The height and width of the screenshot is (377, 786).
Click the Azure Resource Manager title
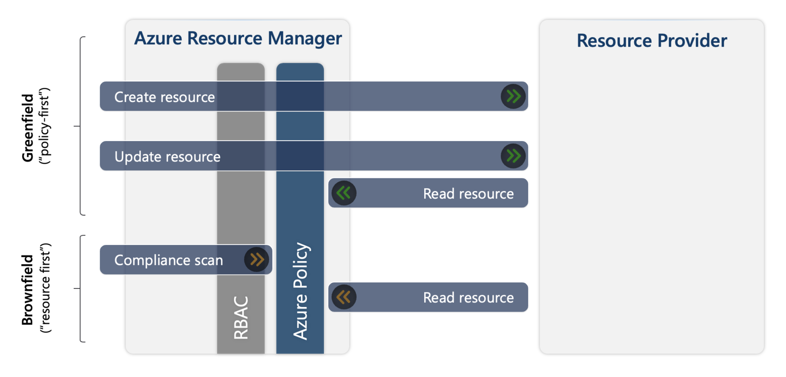[x=238, y=38]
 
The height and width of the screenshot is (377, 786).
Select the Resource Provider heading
[x=652, y=40]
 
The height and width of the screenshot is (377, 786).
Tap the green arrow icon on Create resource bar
[x=513, y=96]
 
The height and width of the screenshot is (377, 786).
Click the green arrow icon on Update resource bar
[x=513, y=156]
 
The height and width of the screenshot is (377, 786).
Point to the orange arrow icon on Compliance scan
[x=257, y=260]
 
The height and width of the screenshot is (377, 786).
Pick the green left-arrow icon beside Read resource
[x=344, y=193]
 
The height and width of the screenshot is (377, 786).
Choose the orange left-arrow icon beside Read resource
[x=344, y=297]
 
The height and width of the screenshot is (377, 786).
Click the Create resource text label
[x=165, y=97]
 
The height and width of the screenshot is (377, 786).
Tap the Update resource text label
[x=167, y=157]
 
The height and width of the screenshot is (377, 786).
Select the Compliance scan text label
[x=168, y=260]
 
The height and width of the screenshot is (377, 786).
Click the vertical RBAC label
[x=241, y=317]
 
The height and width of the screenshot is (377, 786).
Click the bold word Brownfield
[x=27, y=290]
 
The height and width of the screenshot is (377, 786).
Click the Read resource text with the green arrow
[x=468, y=193]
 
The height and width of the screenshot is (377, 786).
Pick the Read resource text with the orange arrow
[x=468, y=298]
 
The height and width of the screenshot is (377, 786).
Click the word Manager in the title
[x=305, y=38]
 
